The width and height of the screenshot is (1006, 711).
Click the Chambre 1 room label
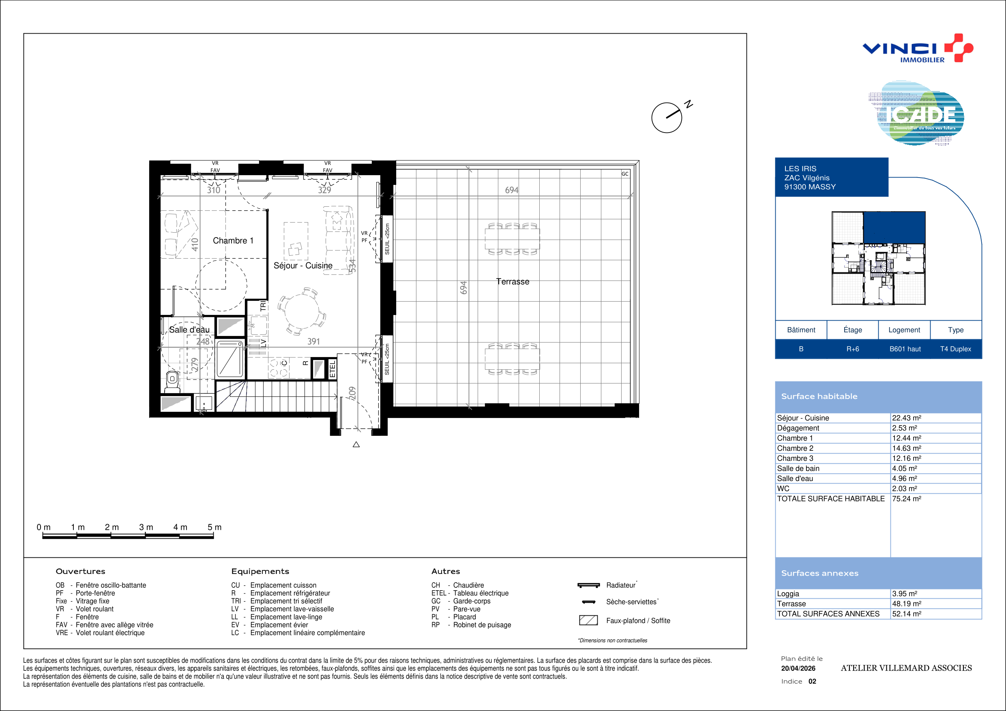coord(233,240)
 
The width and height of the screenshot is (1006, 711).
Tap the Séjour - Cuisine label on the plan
coord(303,266)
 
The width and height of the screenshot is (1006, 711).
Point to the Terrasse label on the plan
coord(513,282)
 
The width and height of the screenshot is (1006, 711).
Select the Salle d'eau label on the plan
coord(189,330)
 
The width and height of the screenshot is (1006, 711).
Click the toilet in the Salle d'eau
coord(172,382)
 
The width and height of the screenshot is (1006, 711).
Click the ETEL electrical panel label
coord(332,369)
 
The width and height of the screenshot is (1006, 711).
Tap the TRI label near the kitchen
coord(263,306)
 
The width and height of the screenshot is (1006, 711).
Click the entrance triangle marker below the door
coord(356,445)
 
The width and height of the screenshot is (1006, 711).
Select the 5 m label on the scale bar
coord(214,527)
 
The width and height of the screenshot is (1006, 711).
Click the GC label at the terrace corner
coord(625,174)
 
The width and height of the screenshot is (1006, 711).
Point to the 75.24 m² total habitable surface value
coord(907,499)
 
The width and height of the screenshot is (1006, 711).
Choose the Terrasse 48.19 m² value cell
coord(907,604)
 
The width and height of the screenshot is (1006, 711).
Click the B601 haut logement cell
coord(905,349)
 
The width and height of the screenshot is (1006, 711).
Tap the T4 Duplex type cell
coord(956,349)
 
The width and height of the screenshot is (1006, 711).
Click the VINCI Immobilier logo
coord(918,48)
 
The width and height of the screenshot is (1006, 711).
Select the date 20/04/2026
coord(798,668)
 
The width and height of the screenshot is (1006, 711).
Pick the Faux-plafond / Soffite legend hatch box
coord(588,620)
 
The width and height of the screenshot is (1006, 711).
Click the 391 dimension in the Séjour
coord(313,341)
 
